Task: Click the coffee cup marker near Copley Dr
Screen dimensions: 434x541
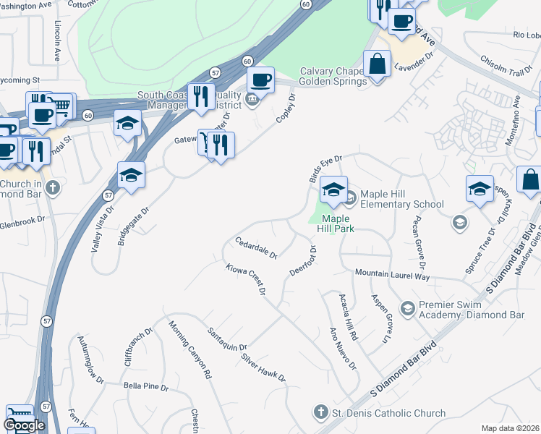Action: tap(260, 80)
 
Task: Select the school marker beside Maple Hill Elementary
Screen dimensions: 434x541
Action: tap(333, 190)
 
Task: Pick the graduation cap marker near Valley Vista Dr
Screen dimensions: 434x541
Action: tap(132, 176)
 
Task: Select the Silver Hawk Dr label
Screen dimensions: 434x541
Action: tap(264, 368)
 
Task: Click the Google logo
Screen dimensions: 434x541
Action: tap(24, 425)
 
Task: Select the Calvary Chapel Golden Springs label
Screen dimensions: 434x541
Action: tap(330, 76)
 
